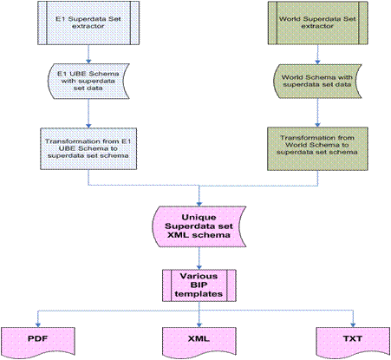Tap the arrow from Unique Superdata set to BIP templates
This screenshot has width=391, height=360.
pyautogui.click(x=200, y=259)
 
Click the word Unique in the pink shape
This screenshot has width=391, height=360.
pyautogui.click(x=200, y=217)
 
